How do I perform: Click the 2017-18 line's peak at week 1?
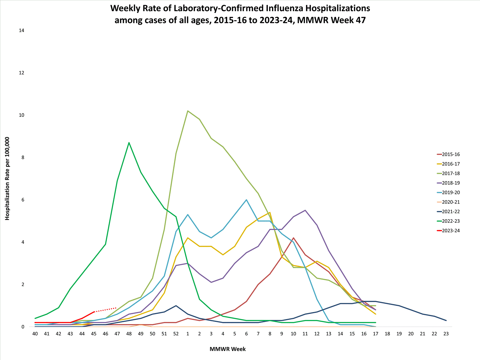pos(188,111)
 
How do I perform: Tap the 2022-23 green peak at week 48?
pos(129,143)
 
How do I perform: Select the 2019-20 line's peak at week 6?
pos(246,200)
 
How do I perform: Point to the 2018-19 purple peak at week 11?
pos(305,210)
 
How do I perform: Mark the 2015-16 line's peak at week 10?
pos(293,238)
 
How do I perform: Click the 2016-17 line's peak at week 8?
pos(270,212)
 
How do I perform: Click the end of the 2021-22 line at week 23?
pos(446,320)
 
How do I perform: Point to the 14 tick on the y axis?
pos(21,31)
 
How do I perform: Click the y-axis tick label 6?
pos(23,200)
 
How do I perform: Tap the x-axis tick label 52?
pos(176,334)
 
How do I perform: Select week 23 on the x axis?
pos(446,334)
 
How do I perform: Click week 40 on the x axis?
pos(35,334)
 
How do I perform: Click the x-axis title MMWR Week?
pos(228,349)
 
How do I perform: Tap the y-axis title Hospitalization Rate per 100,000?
pos(7,179)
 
